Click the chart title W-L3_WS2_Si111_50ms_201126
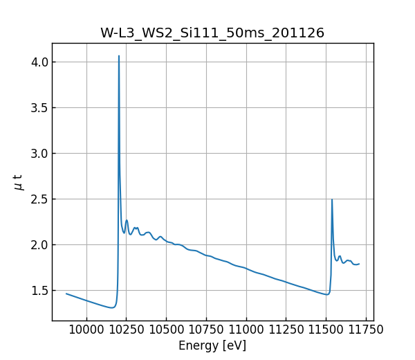pos(212,33)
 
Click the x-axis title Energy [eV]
pos(212,345)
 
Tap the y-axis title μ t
pos(19,181)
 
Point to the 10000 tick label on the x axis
pos(86,330)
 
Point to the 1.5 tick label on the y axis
pos(39,291)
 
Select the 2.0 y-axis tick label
pos(39,245)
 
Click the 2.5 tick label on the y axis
pos(39,199)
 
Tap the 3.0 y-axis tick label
pos(39,154)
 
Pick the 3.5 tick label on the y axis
pos(39,108)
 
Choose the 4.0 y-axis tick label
pos(39,62)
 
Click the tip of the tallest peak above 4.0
pos(119,56)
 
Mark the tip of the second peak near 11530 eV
pos(332,199)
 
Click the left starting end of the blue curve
pos(66,294)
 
